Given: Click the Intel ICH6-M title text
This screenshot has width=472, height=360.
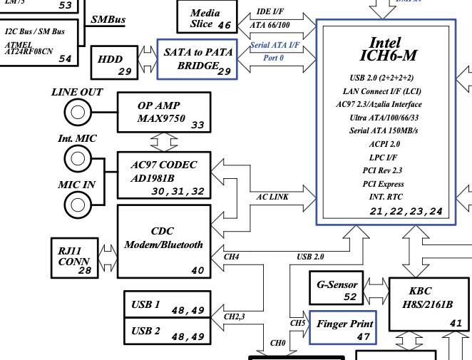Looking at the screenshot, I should [394, 49].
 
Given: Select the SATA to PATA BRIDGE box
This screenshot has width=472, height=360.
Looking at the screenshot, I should [197, 59].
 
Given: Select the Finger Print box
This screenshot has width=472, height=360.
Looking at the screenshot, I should [344, 328].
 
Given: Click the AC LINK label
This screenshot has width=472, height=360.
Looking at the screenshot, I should [272, 197].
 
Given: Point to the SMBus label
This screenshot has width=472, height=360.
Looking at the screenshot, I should [108, 19].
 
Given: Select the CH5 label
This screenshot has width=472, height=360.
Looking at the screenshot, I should [297, 323].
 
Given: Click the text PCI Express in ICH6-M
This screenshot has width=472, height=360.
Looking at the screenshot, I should [383, 183].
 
